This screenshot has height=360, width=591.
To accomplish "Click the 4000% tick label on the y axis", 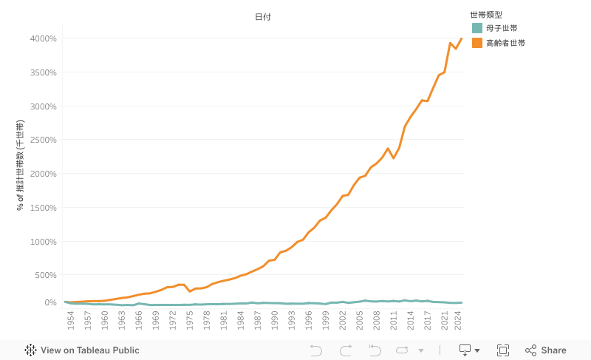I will click(x=44, y=38).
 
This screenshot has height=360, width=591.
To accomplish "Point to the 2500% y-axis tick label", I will click(x=44, y=140).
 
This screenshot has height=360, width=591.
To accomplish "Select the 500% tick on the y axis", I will click(x=46, y=275).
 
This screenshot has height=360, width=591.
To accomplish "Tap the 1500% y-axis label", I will click(x=44, y=208).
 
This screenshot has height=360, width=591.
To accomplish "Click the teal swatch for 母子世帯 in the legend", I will click(x=477, y=28).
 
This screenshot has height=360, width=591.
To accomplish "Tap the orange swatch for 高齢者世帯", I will click(x=477, y=43).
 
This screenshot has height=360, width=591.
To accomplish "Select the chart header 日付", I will click(x=263, y=17).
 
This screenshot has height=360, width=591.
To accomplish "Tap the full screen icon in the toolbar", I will click(x=503, y=350).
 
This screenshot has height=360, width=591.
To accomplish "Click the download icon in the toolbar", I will click(x=465, y=350).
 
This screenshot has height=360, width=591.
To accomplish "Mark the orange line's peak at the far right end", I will click(x=462, y=38).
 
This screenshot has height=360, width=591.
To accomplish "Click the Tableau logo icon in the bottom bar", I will click(x=31, y=350).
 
